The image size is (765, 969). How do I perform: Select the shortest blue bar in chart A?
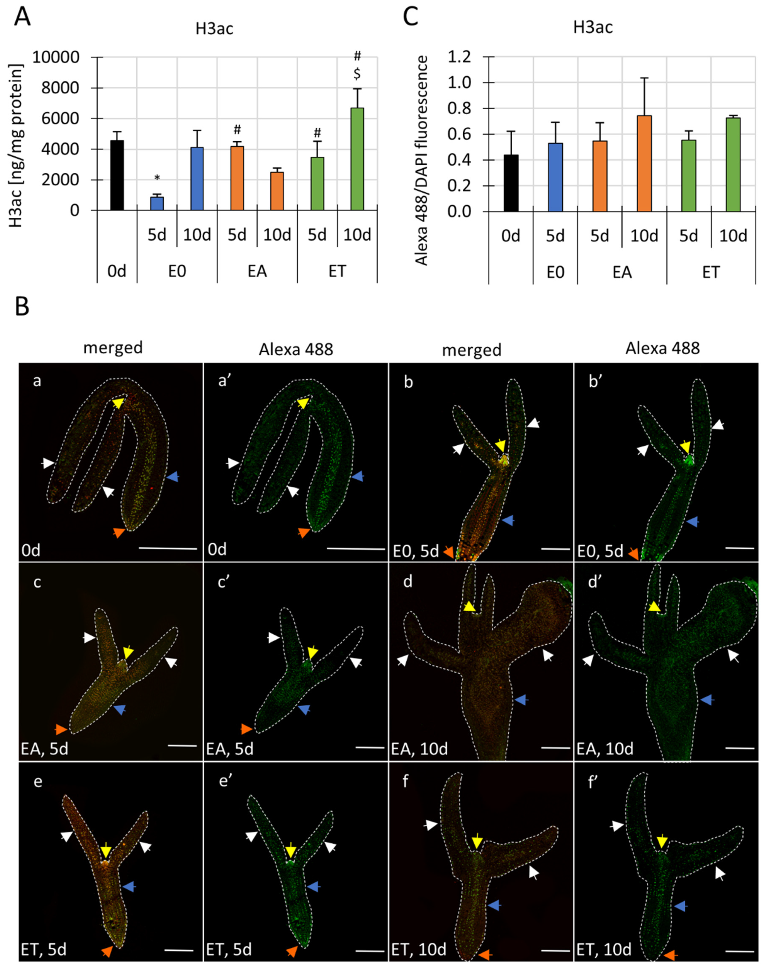point(157,203)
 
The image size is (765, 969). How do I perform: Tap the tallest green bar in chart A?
point(357,159)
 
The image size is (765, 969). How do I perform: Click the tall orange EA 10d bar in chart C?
point(644,163)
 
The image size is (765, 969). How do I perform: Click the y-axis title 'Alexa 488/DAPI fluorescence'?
point(421,160)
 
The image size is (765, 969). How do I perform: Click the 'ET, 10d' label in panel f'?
point(604,949)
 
